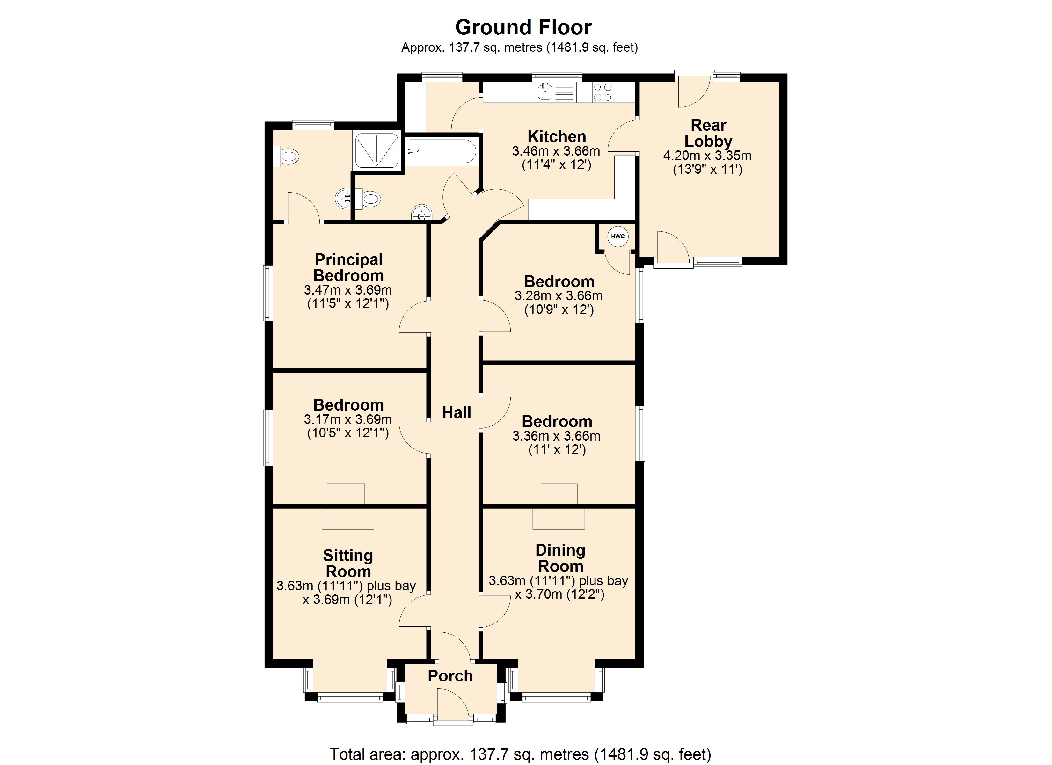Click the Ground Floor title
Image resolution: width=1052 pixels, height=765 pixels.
[523, 27]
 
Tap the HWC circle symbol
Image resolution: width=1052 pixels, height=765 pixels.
[618, 237]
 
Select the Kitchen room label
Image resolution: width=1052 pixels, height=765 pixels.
[557, 136]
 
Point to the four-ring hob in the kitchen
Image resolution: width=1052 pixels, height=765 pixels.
[603, 92]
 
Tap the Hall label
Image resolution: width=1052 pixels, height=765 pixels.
[457, 412]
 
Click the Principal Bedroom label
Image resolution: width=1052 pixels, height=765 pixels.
[349, 267]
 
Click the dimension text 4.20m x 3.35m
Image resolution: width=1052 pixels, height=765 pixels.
[707, 156]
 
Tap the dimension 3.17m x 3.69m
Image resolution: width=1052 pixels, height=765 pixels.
[348, 419]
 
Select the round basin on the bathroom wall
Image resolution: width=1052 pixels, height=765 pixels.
[422, 213]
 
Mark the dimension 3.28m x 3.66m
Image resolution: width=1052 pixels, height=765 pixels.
[559, 295]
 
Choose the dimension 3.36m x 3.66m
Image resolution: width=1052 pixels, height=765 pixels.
[557, 436]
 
